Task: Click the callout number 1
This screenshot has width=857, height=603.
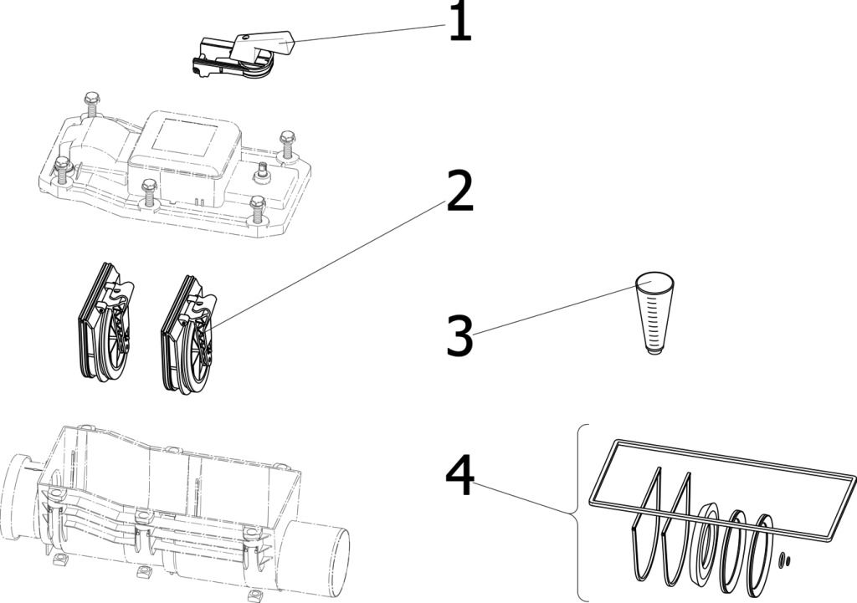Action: pyautogui.click(x=459, y=22)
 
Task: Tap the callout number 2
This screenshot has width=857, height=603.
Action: pyautogui.click(x=459, y=191)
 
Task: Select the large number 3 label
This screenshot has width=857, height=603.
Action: pyautogui.click(x=459, y=335)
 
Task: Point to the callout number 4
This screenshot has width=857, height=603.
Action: pyautogui.click(x=459, y=476)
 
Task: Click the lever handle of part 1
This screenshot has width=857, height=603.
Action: pyautogui.click(x=266, y=43)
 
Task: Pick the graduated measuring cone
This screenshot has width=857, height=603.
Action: pyautogui.click(x=654, y=315)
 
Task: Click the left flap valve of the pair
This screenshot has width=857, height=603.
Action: pyautogui.click(x=106, y=322)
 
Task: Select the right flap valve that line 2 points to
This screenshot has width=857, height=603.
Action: pyautogui.click(x=188, y=333)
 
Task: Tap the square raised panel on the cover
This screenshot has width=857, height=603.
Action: pyautogui.click(x=186, y=136)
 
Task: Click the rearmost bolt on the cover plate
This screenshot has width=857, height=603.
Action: pyautogui.click(x=90, y=106)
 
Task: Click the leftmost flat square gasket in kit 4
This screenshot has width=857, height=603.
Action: pyautogui.click(x=646, y=524)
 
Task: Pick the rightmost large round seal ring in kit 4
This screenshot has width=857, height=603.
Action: pyautogui.click(x=762, y=555)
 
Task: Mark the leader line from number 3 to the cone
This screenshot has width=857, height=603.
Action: pyautogui.click(x=556, y=307)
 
